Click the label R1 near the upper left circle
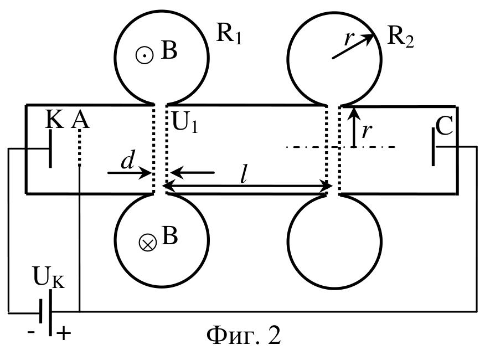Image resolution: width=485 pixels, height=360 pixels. [229, 33]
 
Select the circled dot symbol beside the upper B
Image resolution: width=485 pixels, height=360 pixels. [145, 55]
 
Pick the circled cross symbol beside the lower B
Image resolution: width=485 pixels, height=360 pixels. [147, 243]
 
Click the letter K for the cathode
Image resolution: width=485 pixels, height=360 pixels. [54, 119]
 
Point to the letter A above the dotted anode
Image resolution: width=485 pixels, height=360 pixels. [80, 120]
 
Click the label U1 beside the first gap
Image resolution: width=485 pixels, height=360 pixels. [185, 122]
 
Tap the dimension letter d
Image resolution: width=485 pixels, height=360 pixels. [128, 161]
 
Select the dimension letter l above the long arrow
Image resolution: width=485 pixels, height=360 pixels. [244, 176]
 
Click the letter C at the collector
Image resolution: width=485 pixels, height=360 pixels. [444, 126]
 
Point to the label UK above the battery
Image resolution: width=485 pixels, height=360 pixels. [49, 277]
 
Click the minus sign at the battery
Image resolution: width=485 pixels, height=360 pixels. [31, 332]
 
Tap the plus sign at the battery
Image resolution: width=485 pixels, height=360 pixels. [64, 333]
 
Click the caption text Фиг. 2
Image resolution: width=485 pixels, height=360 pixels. [244, 335]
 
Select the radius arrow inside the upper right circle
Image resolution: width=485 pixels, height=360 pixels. [353, 46]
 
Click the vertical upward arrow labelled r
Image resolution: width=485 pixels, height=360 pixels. [354, 127]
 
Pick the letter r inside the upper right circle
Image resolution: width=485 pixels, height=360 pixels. [349, 39]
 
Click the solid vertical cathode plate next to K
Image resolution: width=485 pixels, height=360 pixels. [50, 148]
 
